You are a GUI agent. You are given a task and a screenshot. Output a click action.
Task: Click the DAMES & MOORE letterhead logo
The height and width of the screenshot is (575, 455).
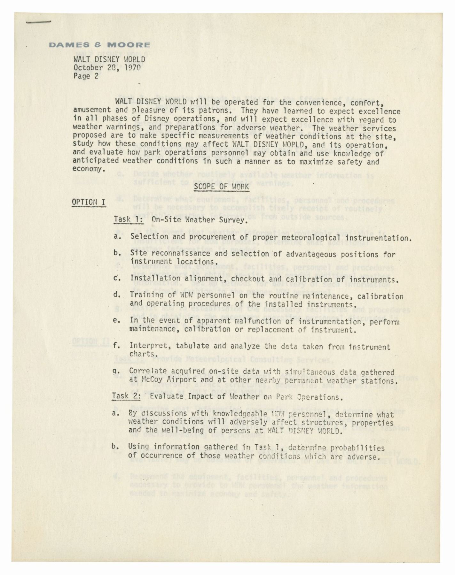[x=99, y=45]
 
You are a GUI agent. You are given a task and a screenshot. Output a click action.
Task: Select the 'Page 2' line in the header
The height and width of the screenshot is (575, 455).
[x=86, y=76]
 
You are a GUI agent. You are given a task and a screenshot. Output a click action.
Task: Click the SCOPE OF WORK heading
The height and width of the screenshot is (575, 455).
[x=221, y=187]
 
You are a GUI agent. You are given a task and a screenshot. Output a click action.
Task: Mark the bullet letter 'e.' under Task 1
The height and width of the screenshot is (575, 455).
[x=117, y=320]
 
